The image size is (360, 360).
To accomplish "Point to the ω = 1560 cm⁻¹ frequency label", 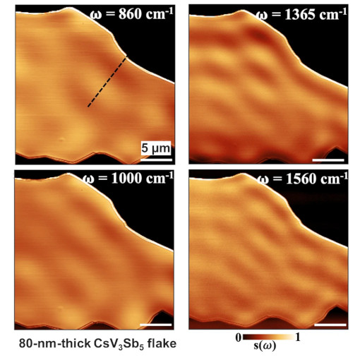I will (x=302, y=180).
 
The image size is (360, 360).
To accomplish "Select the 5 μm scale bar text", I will (x=154, y=148).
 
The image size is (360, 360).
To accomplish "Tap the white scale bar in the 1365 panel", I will (x=328, y=159).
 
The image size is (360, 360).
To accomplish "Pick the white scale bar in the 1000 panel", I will (x=155, y=325).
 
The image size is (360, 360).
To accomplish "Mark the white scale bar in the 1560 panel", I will (x=329, y=325).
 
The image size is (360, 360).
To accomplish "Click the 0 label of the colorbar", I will (x=239, y=337).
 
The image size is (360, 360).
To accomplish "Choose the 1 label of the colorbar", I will (x=299, y=337).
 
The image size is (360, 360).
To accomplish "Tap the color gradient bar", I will (x=269, y=337).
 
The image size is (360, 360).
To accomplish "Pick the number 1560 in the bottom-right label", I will (x=301, y=180).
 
